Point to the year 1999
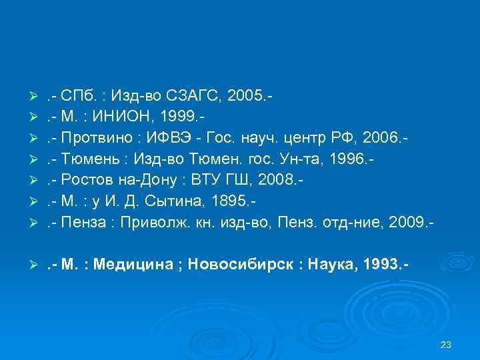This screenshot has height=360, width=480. [x=177, y=118]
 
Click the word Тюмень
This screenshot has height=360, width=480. [x=87, y=157]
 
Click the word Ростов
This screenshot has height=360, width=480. [x=85, y=177]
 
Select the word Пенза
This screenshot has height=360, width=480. [x=85, y=217]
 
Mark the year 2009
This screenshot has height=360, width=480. [x=409, y=217]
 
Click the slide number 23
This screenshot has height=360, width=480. [x=447, y=344]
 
